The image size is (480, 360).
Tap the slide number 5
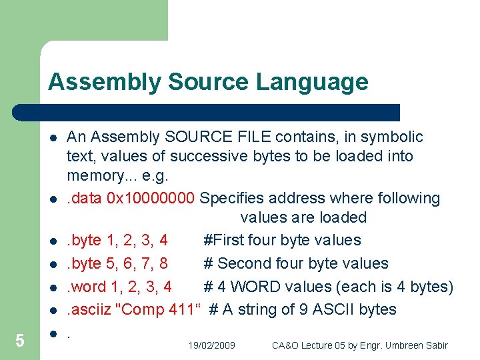20,341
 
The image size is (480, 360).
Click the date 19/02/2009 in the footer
211,345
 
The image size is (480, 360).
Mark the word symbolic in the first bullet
393,137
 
